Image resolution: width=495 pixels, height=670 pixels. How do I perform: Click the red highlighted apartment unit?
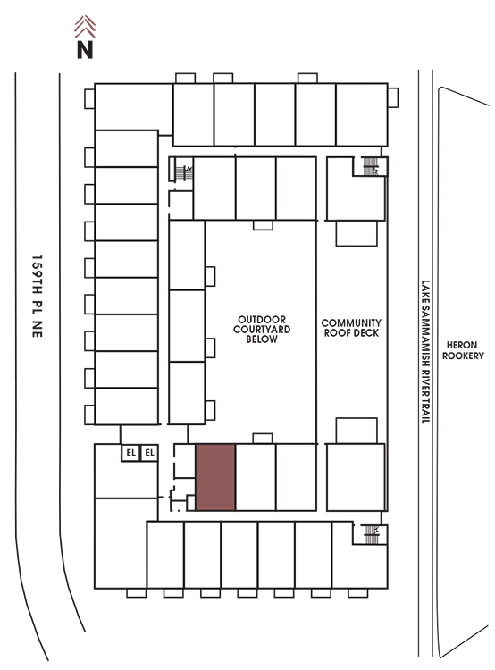215,477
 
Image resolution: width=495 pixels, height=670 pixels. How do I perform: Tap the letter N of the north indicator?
85,49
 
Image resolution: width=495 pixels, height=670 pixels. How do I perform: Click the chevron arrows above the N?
85,26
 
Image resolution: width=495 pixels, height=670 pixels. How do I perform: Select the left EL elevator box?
130,453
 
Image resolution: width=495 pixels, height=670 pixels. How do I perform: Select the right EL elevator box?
149,453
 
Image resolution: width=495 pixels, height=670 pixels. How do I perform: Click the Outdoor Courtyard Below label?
262,329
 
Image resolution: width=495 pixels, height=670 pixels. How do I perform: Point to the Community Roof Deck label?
351,328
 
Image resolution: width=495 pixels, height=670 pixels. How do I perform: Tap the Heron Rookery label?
463,350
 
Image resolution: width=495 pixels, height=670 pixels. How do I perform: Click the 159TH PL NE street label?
38,297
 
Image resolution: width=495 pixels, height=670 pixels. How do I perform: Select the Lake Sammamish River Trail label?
425,352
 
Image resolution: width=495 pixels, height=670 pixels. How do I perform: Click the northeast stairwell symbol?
370,166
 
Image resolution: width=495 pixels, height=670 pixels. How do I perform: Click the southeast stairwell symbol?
371,534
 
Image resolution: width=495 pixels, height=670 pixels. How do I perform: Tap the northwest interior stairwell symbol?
184,173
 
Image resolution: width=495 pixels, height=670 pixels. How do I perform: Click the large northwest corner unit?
133,107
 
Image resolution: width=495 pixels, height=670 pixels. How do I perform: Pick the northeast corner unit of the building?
362,114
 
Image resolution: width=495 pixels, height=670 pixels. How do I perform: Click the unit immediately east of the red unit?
256,477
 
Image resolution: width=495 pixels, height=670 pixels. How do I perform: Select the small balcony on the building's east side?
393,98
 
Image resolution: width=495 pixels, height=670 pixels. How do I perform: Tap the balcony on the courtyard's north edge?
263,225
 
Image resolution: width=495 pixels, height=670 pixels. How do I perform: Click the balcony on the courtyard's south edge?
263,439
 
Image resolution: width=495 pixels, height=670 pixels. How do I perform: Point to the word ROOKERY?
463,356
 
